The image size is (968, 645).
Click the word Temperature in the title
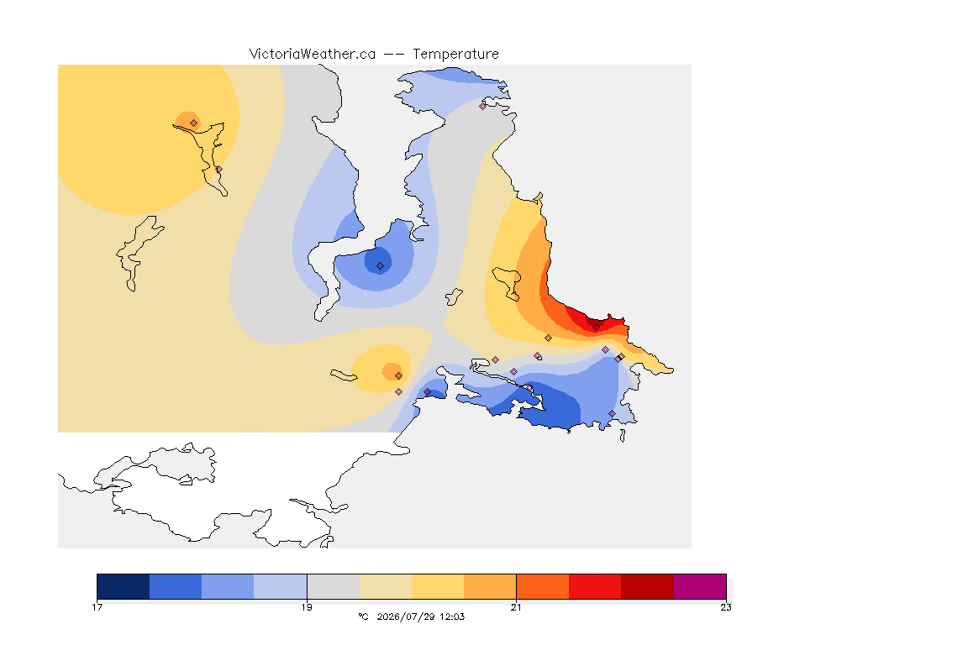(x=455, y=55)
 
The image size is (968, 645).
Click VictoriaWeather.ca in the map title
(x=313, y=55)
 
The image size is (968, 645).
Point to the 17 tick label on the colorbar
(x=97, y=607)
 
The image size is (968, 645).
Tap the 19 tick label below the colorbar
(x=307, y=607)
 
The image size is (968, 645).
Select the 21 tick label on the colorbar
(x=516, y=607)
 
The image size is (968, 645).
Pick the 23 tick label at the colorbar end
(x=726, y=607)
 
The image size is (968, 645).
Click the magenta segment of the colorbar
(x=699, y=586)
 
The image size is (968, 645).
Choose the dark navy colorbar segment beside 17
(x=124, y=586)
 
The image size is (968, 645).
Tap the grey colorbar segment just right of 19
(x=333, y=586)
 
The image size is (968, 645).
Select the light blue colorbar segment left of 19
(x=281, y=586)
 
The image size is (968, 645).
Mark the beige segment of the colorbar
(x=385, y=586)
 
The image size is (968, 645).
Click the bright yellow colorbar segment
(x=438, y=586)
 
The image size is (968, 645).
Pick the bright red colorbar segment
(x=595, y=586)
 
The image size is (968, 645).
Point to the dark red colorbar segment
(x=647, y=586)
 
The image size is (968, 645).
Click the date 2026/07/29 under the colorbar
(x=406, y=616)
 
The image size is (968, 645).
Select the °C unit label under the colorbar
(x=363, y=616)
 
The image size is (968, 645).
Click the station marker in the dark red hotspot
(x=597, y=328)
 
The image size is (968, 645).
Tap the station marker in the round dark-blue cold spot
(x=381, y=266)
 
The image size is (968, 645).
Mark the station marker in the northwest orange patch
(x=194, y=123)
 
